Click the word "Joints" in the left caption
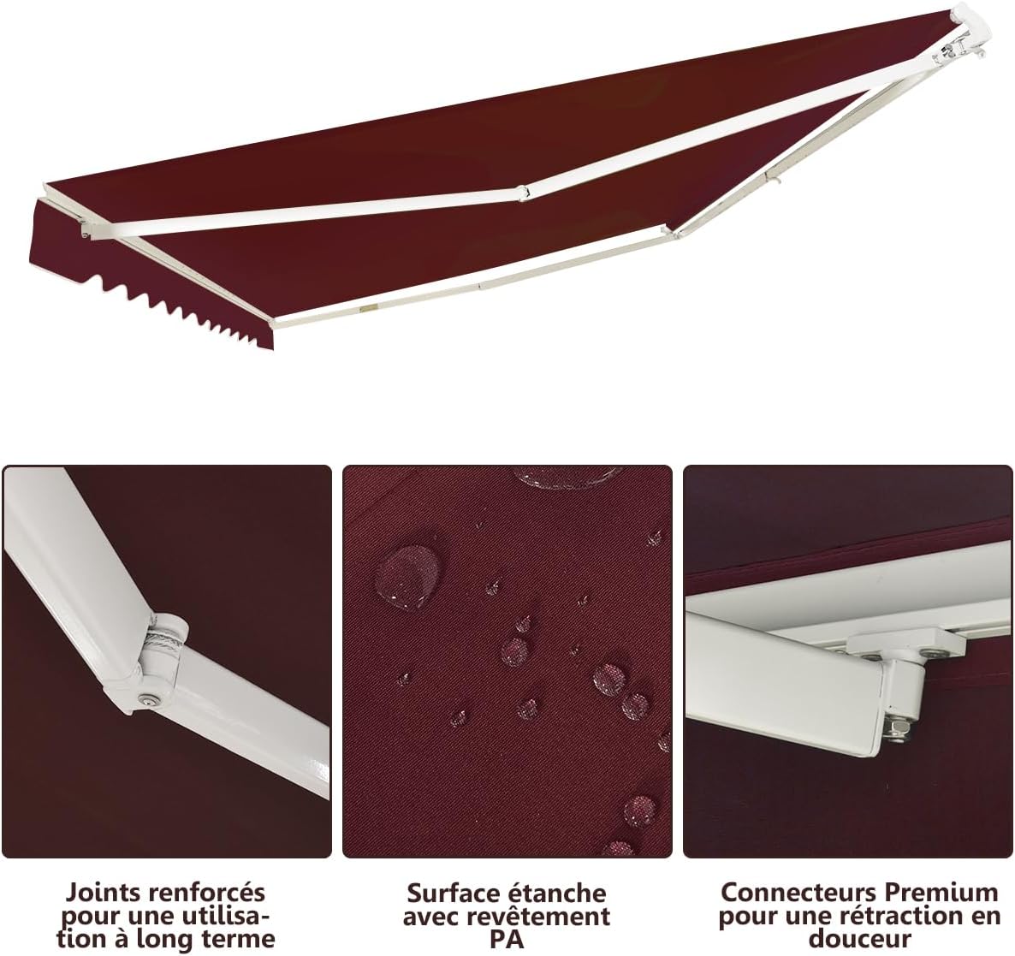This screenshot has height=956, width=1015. (x=103, y=894)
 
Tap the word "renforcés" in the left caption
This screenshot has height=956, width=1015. (x=207, y=894)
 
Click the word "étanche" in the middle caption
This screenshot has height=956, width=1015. (x=560, y=894)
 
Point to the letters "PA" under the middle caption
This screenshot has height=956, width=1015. (x=507, y=939)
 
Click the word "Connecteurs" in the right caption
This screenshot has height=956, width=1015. (x=798, y=893)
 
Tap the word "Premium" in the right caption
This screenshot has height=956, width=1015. (x=942, y=893)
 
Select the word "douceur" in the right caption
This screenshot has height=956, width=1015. (x=859, y=939)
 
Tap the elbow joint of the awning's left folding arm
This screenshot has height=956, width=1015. (x=522, y=193)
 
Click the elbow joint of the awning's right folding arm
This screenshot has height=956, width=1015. (x=674, y=232)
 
